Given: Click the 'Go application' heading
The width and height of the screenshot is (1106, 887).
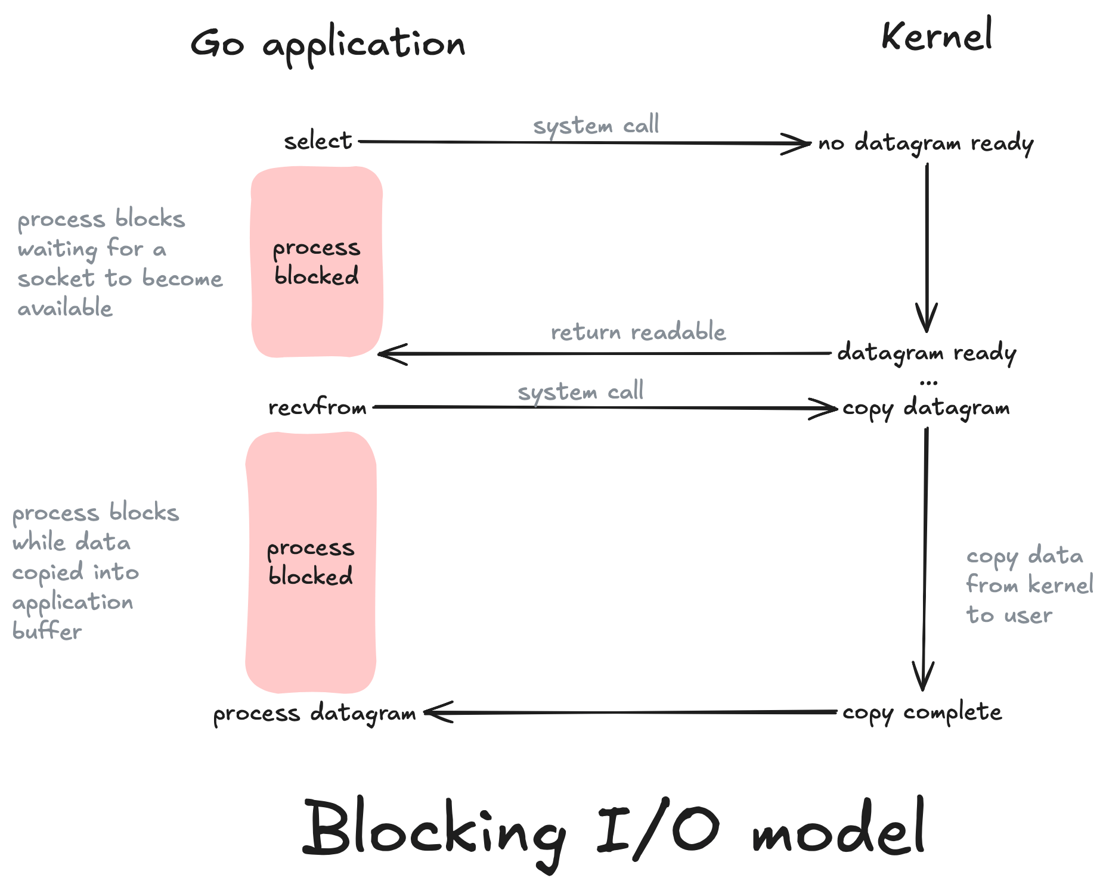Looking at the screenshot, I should point(327,45).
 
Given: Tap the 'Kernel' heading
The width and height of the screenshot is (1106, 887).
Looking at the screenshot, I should point(937,36).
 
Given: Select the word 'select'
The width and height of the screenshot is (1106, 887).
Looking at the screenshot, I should point(318,142).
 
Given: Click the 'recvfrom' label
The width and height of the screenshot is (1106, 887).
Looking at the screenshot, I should point(317,408).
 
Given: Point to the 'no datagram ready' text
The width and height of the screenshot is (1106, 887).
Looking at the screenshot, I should point(925,144).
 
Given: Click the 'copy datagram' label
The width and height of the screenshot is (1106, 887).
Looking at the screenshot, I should point(925,409).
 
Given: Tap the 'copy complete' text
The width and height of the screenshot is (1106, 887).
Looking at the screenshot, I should point(922,712).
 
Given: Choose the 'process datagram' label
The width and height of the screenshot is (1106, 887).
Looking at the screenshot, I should point(314,713).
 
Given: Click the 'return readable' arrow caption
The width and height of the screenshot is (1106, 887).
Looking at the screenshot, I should point(638,332).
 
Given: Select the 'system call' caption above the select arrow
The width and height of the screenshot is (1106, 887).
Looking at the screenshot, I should point(596,125).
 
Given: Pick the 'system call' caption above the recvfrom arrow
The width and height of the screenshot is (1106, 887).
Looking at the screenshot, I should point(580,391).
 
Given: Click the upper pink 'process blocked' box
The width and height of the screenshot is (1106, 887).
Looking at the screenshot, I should point(317,262).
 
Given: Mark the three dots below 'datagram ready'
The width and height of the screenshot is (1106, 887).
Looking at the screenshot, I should point(928,382).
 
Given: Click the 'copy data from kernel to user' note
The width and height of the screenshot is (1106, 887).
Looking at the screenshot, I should point(1028,585).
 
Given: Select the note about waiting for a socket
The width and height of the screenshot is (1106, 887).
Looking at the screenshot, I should point(119,263).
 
